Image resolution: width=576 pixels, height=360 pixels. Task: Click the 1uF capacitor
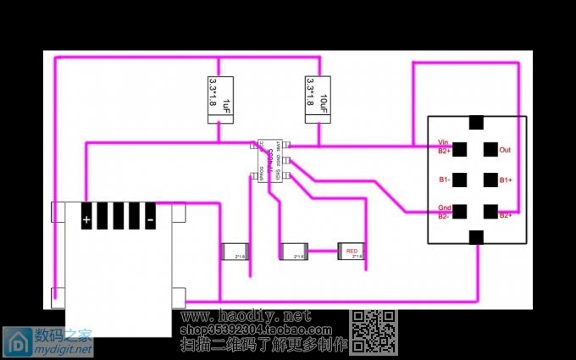click(x=219, y=99)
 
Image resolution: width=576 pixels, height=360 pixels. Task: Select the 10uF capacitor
click(x=317, y=99)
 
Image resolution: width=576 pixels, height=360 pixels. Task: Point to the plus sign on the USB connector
click(x=86, y=218)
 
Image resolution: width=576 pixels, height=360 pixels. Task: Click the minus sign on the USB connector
click(x=149, y=218)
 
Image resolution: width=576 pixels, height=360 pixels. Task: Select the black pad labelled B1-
click(x=462, y=180)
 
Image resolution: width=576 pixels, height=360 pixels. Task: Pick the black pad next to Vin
click(x=462, y=150)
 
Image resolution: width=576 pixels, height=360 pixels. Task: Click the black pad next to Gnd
click(x=462, y=211)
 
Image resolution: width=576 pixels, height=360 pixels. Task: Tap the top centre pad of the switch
click(x=476, y=123)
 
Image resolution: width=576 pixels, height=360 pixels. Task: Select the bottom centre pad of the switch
click(x=476, y=237)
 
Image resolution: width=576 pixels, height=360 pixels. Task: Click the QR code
click(x=374, y=330)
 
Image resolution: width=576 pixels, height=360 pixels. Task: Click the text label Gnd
click(x=444, y=208)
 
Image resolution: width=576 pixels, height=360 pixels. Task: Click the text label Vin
click(x=443, y=142)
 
